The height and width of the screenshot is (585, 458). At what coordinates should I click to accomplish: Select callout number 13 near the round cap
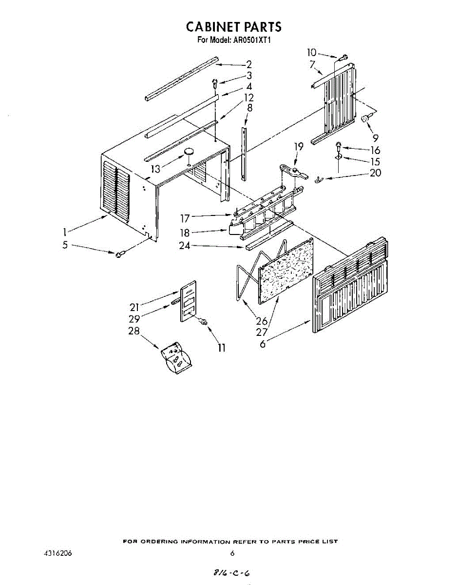155,169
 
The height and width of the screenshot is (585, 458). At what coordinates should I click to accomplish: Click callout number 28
134,331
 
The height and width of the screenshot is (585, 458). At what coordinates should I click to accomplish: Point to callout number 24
185,246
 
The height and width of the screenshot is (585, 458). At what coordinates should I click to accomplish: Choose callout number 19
299,146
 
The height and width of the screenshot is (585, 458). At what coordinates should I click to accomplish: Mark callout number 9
376,138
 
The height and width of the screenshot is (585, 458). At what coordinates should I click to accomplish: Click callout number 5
65,245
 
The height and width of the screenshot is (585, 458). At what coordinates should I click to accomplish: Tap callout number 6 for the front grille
263,344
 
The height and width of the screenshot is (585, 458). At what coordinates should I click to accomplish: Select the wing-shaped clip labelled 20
320,180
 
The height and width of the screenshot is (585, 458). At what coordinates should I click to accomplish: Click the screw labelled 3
214,83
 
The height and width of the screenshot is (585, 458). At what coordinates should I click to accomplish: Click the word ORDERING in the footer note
161,542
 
